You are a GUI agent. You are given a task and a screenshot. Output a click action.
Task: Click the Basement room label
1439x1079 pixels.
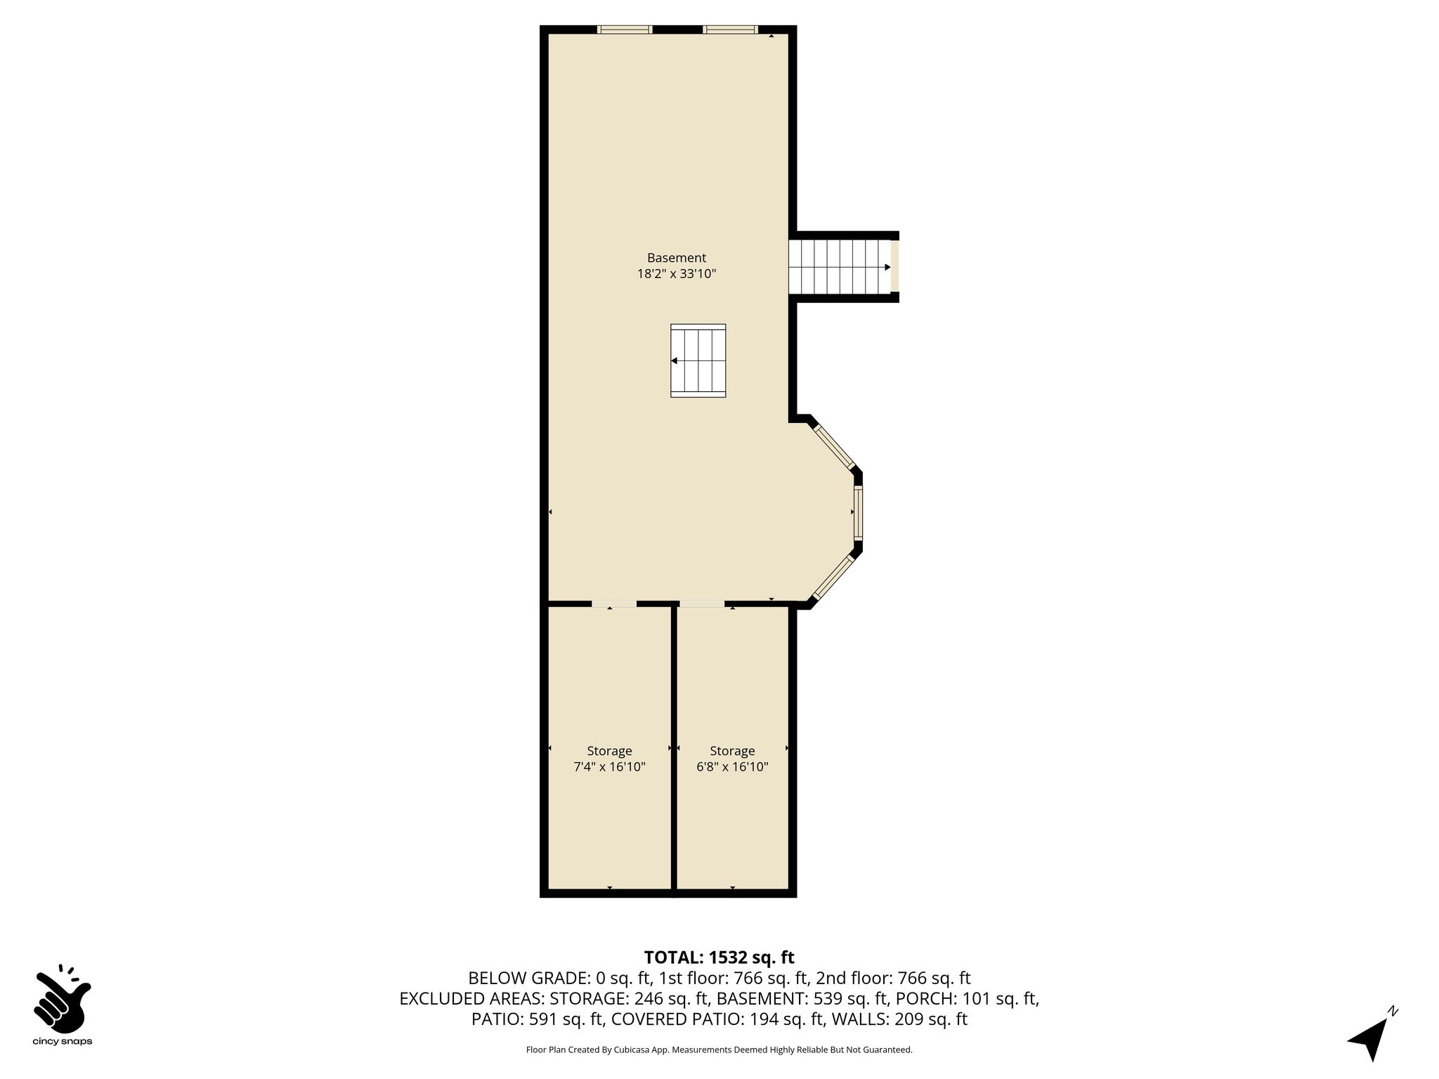point(677,258)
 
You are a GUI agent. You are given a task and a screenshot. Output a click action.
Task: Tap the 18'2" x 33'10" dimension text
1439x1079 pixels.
point(677,274)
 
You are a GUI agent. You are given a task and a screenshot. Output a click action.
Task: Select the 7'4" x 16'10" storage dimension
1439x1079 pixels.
point(610,767)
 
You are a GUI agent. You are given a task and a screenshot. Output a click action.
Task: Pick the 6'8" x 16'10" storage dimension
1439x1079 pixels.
point(732,767)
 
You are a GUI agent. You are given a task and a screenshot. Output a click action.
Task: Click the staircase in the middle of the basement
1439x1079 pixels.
point(698,361)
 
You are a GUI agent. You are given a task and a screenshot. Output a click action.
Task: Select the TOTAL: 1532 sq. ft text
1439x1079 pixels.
point(719,957)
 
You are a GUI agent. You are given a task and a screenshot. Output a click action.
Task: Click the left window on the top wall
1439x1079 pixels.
point(625,30)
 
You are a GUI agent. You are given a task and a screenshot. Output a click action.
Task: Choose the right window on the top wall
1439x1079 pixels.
point(730,30)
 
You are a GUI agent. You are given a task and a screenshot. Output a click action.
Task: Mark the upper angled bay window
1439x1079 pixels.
point(834,447)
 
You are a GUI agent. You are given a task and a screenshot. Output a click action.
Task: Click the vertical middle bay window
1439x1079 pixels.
point(858,512)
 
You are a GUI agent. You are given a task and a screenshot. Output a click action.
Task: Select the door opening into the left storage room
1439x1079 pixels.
point(614,604)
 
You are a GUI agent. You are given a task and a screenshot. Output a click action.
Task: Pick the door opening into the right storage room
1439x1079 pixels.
point(702,604)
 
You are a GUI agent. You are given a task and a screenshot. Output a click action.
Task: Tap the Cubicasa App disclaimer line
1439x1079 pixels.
point(719,1050)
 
